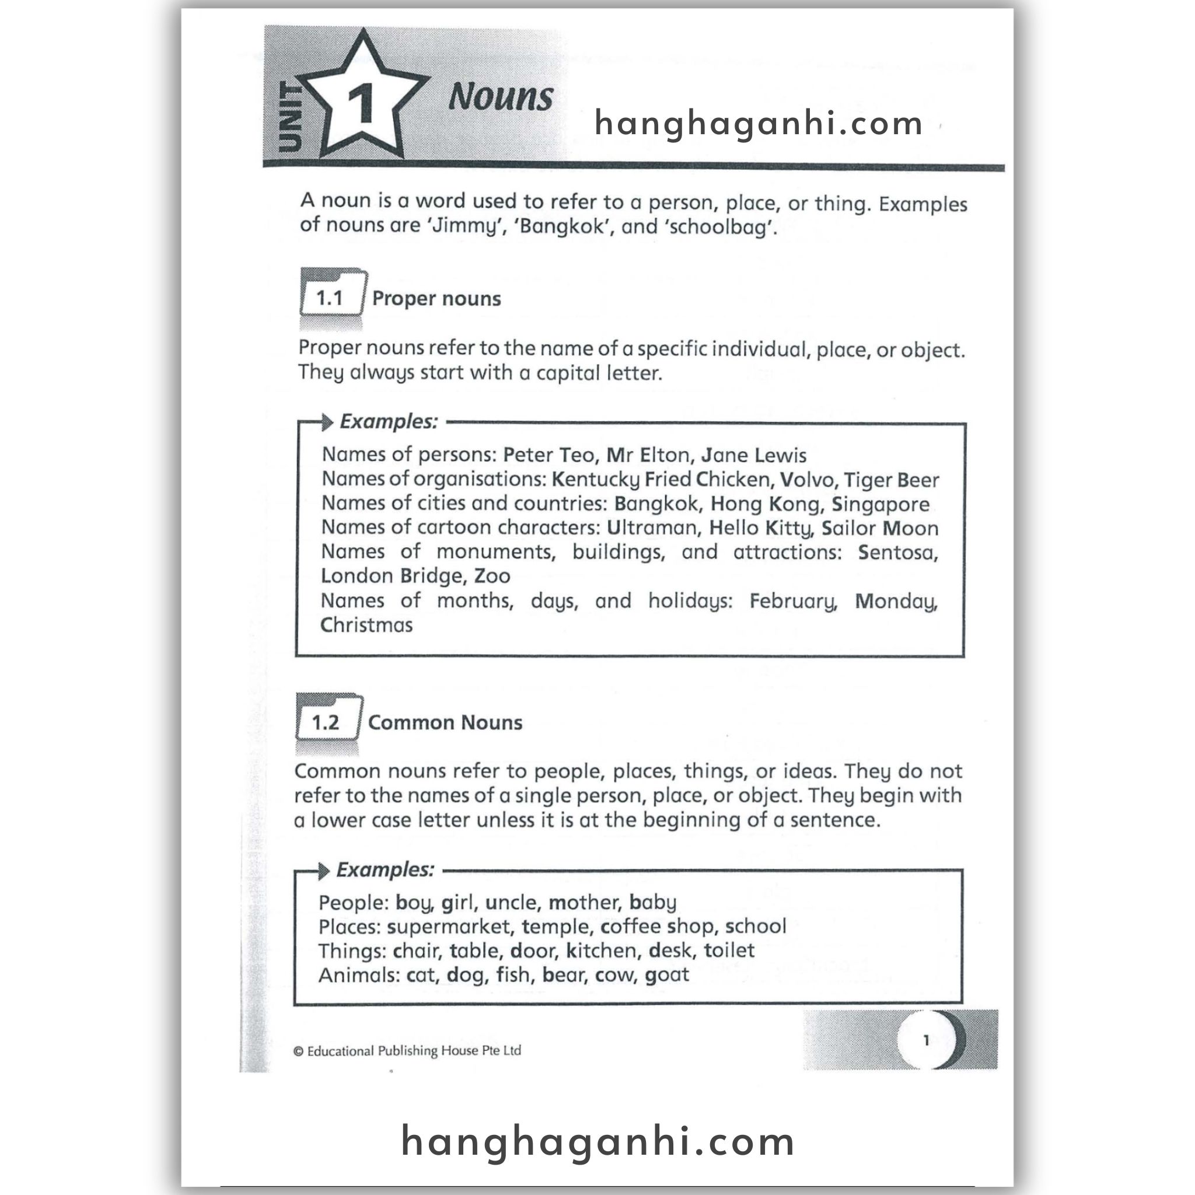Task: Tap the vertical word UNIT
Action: click(289, 117)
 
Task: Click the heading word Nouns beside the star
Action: click(501, 97)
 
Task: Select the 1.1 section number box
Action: click(330, 298)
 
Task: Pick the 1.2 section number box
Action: click(326, 722)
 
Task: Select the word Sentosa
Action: click(898, 552)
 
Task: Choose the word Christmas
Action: click(366, 625)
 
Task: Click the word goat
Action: click(667, 975)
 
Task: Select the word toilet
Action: click(729, 950)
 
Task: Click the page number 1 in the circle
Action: click(926, 1040)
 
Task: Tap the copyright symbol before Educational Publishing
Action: click(299, 1051)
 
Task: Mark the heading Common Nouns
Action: click(445, 722)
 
